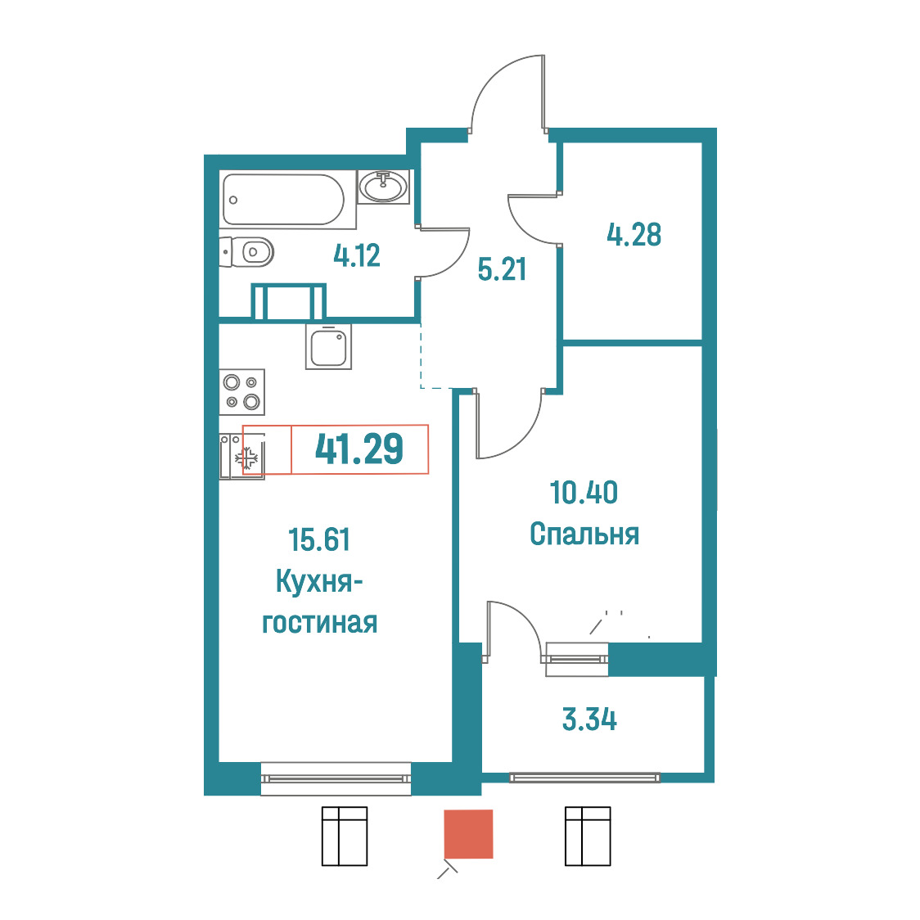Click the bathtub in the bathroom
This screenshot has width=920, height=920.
tap(283, 200)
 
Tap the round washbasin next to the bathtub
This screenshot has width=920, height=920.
tap(383, 187)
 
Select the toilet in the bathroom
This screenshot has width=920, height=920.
tap(247, 252)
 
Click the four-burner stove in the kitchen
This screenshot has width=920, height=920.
tap(241, 392)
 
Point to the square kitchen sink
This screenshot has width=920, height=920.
tap(328, 347)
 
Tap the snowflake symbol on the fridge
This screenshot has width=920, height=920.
tap(248, 458)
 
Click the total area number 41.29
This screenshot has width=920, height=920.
tap(359, 449)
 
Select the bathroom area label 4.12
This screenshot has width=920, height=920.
tap(357, 256)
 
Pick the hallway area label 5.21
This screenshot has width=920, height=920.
tap(502, 269)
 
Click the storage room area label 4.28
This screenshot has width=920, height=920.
tap(634, 234)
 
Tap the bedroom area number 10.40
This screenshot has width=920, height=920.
tap(584, 492)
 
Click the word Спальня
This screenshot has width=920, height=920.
tap(584, 534)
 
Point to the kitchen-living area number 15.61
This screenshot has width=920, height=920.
tap(319, 539)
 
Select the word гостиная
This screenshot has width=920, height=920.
tap(320, 623)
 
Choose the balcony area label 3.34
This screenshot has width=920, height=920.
tap(589, 720)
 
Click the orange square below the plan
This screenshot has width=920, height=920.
tap(468, 834)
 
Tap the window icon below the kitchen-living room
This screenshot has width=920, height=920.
tap(345, 836)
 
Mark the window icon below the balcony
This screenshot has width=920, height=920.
tap(588, 836)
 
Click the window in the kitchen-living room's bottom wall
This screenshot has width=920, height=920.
tap(336, 778)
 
